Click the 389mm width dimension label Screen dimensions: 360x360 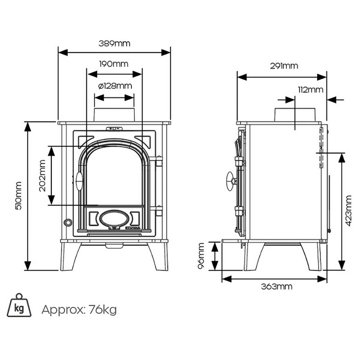[114, 43]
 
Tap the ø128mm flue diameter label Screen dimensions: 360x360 [115, 86]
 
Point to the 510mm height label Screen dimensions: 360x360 [19, 195]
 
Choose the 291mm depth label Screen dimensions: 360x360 [284, 66]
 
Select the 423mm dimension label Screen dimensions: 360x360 [348, 211]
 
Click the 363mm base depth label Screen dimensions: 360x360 [277, 286]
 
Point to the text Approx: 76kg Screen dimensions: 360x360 [79, 310]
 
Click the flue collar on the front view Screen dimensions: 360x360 [114, 115]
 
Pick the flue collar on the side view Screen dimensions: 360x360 [295, 114]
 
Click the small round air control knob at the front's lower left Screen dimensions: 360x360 [68, 222]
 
